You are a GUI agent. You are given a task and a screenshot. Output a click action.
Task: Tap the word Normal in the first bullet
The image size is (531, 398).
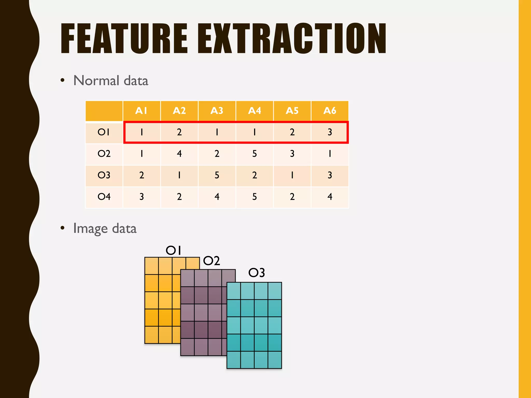(96, 81)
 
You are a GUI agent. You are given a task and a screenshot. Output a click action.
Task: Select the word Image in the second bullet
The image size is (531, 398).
(90, 229)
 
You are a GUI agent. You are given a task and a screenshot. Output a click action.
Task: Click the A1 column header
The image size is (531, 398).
(141, 111)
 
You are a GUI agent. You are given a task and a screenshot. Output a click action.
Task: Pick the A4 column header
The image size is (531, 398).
(254, 111)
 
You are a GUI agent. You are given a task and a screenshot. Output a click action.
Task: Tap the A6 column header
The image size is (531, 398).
(330, 111)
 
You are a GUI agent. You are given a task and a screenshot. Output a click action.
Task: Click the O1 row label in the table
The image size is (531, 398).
(104, 132)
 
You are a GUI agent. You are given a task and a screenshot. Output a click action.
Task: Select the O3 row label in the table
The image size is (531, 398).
(104, 175)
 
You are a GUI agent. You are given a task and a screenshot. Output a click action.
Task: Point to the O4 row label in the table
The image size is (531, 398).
(104, 197)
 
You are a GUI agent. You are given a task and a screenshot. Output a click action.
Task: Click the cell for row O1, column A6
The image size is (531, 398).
(330, 132)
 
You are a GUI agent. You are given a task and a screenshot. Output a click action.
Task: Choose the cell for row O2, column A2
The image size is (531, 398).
(179, 154)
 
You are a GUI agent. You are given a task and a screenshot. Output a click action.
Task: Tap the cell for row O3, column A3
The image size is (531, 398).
(217, 175)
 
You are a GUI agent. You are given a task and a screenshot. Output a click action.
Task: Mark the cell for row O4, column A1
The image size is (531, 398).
(141, 197)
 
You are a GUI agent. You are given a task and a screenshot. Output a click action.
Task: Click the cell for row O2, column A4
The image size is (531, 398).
(254, 154)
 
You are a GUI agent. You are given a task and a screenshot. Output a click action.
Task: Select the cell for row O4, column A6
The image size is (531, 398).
(330, 197)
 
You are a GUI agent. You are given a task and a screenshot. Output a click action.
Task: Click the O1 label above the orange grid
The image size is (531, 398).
(173, 250)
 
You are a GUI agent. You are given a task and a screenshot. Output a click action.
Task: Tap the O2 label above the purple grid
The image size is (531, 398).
(212, 261)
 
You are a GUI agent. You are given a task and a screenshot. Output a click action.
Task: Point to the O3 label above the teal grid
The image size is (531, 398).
(256, 273)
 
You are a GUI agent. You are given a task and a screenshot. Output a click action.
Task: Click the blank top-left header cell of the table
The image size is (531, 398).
(104, 111)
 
